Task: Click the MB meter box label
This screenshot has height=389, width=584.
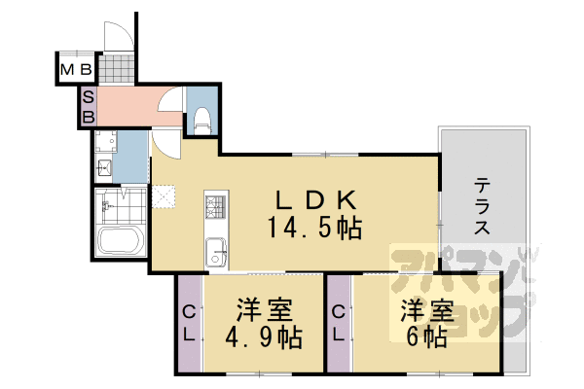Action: point(76,70)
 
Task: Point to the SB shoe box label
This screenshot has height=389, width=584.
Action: point(87,106)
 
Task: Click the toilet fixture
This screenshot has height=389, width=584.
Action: point(202,120)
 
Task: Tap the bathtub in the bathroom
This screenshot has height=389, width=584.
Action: point(121,239)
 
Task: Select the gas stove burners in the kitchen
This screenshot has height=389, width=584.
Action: point(215,207)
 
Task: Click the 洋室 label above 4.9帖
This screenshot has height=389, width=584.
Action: point(263,312)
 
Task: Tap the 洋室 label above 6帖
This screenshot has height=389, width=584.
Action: point(427,312)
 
